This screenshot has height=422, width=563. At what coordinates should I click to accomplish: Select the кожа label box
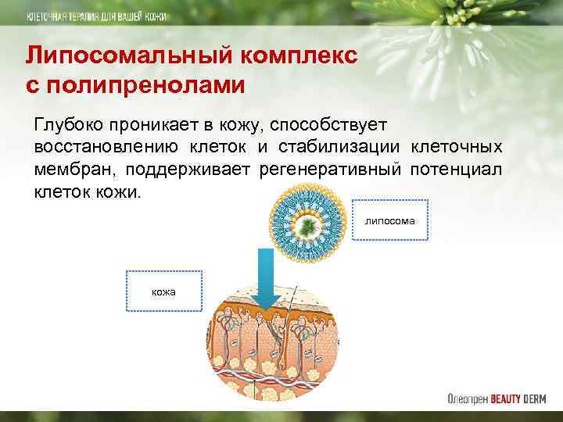point(163,291)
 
